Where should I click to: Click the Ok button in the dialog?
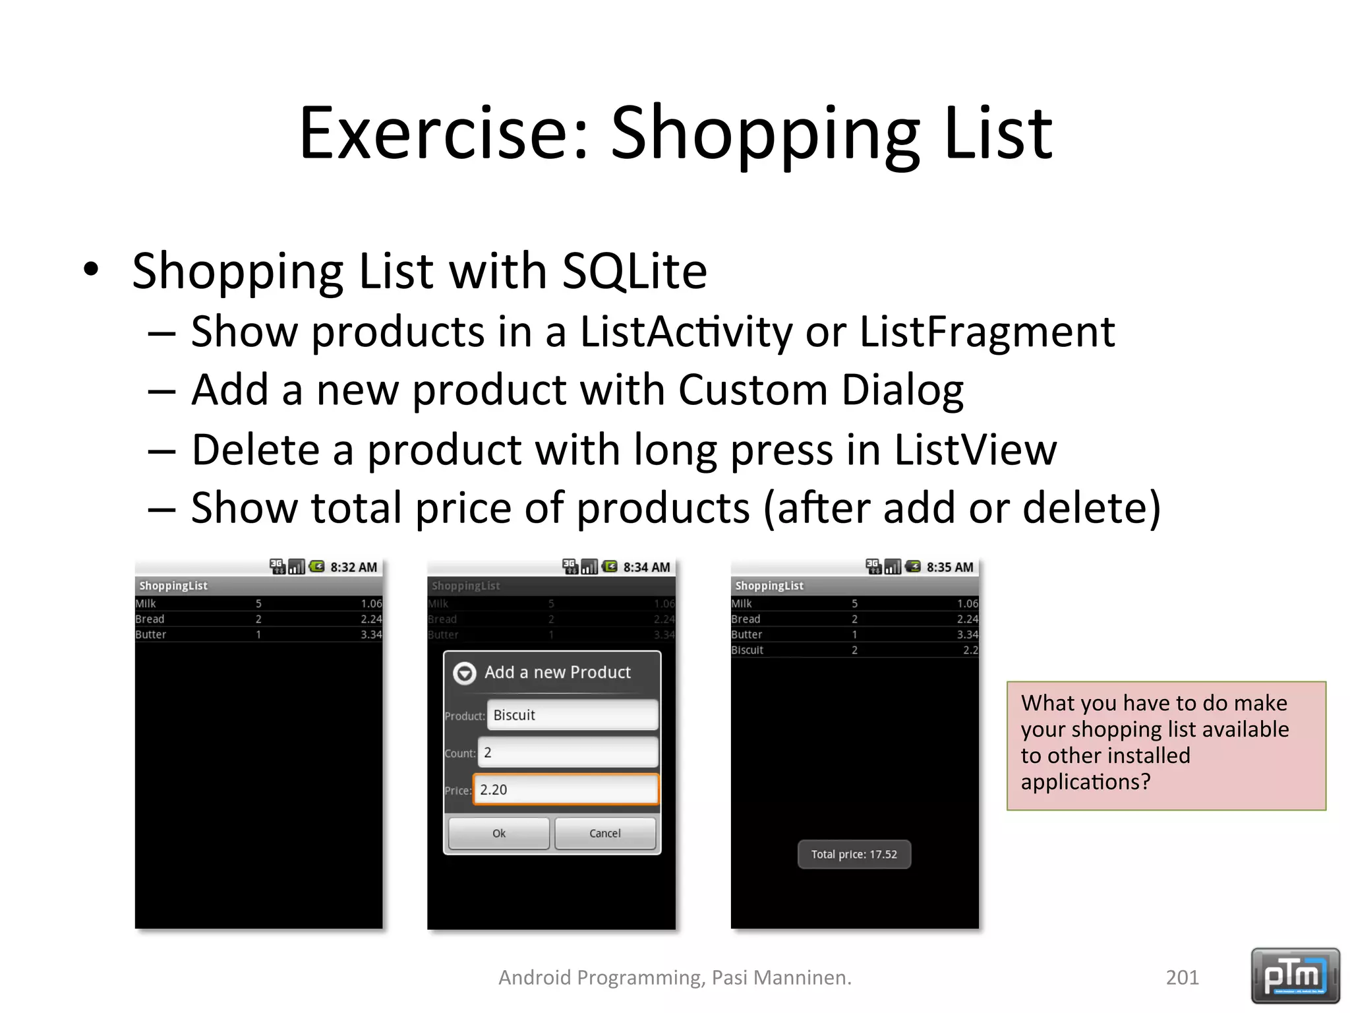click(498, 834)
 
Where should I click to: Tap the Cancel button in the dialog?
click(604, 834)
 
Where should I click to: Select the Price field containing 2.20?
click(566, 789)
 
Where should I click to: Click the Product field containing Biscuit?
click(572, 715)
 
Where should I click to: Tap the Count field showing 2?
click(567, 752)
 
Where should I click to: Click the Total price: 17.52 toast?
click(854, 855)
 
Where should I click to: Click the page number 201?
click(1182, 977)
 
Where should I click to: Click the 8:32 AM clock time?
click(353, 567)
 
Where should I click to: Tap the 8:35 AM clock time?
click(949, 567)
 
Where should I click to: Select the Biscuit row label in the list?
click(747, 650)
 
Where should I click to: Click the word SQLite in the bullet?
click(634, 271)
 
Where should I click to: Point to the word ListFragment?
click(987, 331)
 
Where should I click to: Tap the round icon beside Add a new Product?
click(465, 673)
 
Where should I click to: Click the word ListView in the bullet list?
click(975, 450)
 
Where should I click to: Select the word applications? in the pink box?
click(1085, 782)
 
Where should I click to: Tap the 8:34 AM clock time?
click(646, 567)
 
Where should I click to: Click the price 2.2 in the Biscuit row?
click(970, 650)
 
